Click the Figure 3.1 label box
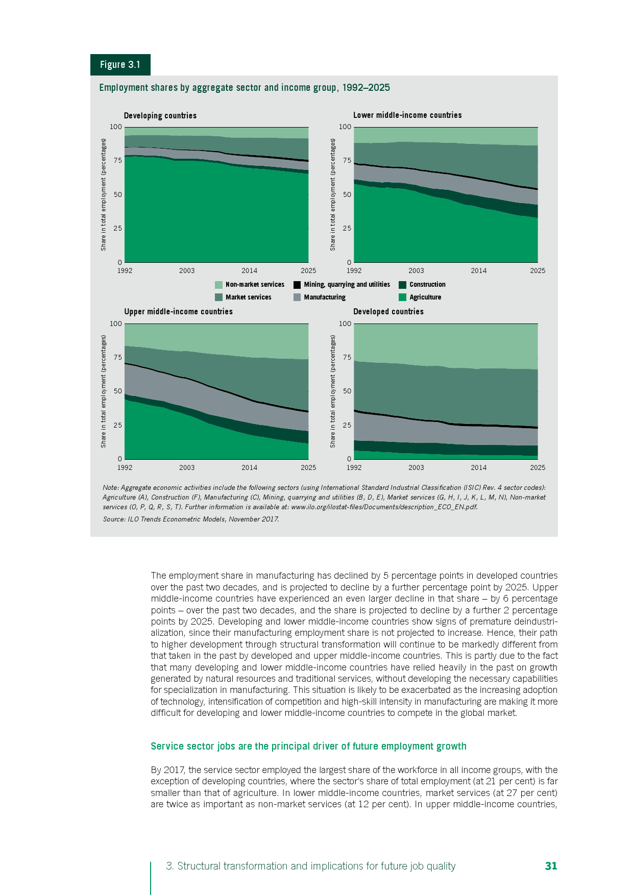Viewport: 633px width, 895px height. [x=120, y=65]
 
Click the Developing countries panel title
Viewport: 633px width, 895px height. [x=160, y=115]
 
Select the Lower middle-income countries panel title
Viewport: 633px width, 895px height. [x=407, y=115]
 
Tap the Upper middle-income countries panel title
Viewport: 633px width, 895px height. [x=178, y=312]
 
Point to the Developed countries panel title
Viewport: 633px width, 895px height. [x=388, y=312]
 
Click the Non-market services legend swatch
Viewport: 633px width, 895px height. [x=219, y=285]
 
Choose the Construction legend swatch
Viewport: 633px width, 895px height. [x=402, y=285]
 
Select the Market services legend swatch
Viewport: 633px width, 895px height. [x=219, y=297]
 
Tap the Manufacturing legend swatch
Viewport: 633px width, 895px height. [x=297, y=297]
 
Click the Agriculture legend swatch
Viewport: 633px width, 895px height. [x=402, y=297]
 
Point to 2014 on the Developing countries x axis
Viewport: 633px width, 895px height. [x=249, y=271]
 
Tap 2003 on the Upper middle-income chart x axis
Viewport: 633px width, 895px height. [x=187, y=467]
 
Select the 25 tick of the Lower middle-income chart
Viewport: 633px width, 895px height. [x=347, y=228]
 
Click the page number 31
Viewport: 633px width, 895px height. [x=551, y=866]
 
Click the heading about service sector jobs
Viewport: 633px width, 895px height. [x=308, y=746]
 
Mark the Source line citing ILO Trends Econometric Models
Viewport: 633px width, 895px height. [x=191, y=519]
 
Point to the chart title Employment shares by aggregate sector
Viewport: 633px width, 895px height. [x=245, y=88]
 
